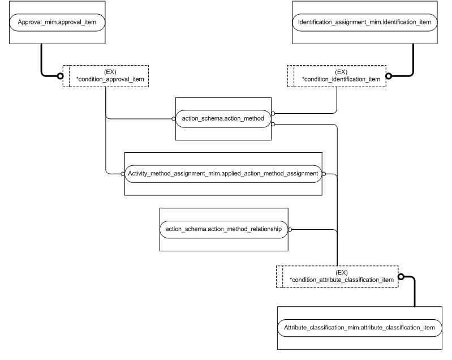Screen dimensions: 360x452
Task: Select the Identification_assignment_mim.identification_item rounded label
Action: coord(364,23)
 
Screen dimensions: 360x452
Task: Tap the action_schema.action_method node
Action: coord(223,119)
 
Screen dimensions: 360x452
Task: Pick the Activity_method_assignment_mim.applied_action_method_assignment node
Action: coord(223,173)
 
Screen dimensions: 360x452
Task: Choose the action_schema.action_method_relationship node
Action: coord(223,229)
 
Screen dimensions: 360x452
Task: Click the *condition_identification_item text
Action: coord(341,79)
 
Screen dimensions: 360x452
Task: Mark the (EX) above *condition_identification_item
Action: coord(341,72)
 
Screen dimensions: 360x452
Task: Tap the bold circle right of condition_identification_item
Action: coord(389,75)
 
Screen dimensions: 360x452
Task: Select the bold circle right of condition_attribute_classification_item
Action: coord(401,277)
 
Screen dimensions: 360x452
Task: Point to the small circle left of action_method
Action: coord(174,119)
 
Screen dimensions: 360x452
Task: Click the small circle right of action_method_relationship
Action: coord(291,229)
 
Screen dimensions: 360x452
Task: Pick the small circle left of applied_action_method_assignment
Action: coord(123,173)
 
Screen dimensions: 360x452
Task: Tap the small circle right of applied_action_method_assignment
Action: coord(324,173)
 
